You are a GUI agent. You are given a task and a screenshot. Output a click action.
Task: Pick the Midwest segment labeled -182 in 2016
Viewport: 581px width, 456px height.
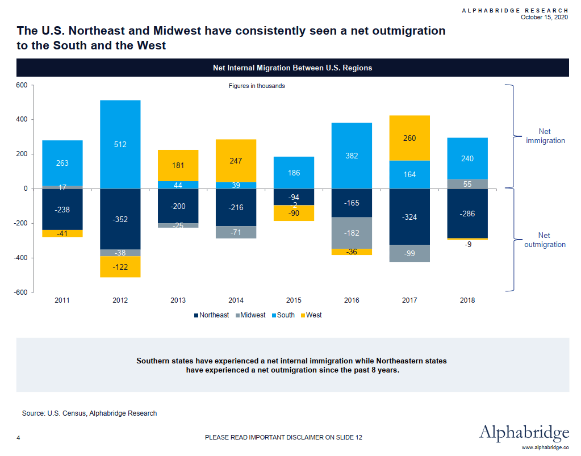tap(352, 233)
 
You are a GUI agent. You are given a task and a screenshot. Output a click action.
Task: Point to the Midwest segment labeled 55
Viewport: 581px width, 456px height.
tap(467, 184)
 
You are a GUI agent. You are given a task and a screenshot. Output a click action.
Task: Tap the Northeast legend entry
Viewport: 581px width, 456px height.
tap(211, 315)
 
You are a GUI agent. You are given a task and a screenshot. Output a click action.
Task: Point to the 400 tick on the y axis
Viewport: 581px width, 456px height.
tap(21, 120)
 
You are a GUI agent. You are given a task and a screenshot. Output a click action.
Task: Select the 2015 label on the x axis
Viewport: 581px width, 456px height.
tap(294, 300)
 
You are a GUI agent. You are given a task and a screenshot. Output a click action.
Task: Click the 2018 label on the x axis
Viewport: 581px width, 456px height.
tap(467, 300)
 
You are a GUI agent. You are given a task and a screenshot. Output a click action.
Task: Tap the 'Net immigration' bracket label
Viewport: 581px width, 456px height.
tap(544, 136)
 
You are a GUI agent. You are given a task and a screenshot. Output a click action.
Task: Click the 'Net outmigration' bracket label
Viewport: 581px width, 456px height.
tap(544, 240)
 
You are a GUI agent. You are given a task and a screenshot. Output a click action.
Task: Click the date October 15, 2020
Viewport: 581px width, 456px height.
tap(544, 17)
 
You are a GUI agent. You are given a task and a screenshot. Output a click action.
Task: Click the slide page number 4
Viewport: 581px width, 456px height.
tap(19, 437)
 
